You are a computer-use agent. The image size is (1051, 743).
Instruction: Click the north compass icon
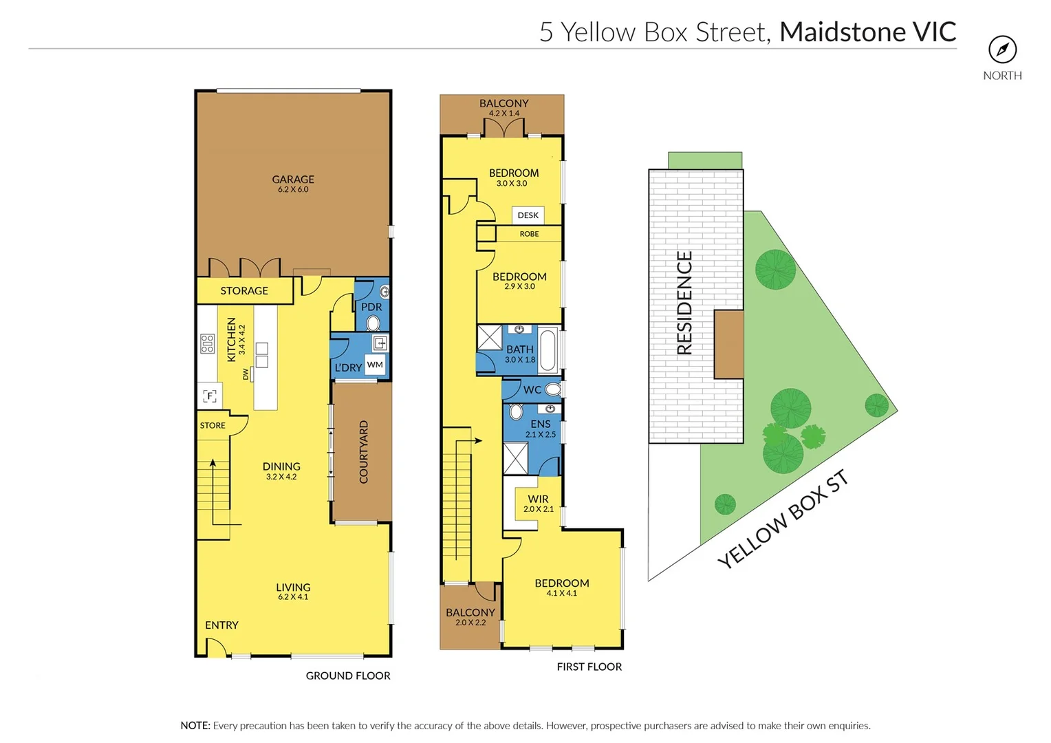pos(1002,50)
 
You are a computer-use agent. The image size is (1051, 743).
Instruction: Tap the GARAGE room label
pos(293,180)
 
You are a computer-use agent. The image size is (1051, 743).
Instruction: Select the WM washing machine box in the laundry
pos(375,365)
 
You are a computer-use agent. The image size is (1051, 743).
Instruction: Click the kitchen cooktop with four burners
pos(207,343)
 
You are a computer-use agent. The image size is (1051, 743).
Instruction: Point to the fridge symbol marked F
pos(210,396)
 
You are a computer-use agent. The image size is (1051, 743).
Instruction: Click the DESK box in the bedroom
pos(528,215)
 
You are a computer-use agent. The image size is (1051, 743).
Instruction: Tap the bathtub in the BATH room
pos(548,350)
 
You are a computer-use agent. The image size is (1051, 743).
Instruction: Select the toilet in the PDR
pos(373,323)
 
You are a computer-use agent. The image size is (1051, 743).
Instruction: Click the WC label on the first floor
pos(532,390)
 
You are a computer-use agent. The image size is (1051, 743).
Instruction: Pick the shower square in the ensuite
pos(516,458)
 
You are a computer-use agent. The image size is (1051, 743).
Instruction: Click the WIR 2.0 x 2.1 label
pos(538,504)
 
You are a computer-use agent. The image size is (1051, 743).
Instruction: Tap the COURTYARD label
pos(364,452)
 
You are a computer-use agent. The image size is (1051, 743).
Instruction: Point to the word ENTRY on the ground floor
pos(221,625)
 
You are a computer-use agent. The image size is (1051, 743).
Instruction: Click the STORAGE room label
pos(244,291)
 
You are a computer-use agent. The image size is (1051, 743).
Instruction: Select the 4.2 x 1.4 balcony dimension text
pos(504,114)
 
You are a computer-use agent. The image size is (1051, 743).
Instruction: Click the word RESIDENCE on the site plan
pos(684,303)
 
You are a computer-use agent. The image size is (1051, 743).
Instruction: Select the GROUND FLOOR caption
pos(348,676)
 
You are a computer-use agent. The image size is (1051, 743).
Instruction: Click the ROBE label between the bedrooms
pos(529,234)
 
